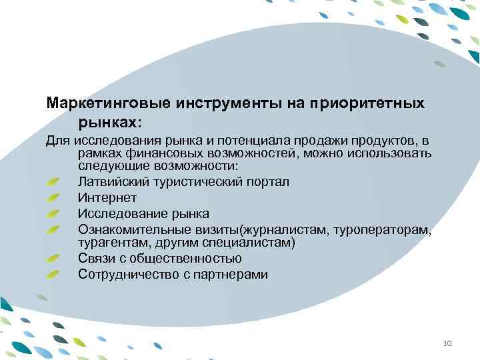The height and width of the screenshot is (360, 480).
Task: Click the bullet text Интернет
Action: pos(107,197)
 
